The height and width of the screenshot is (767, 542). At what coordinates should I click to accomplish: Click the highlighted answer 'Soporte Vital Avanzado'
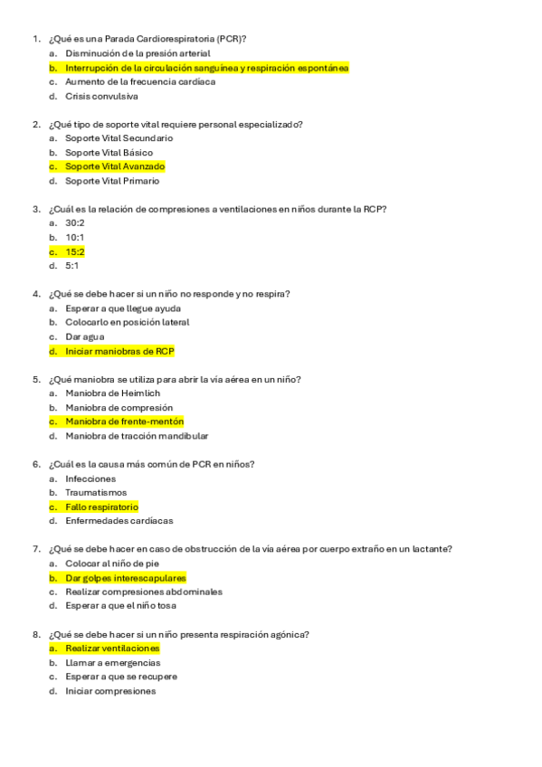[115, 166]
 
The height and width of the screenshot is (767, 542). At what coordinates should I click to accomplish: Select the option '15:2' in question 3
[75, 251]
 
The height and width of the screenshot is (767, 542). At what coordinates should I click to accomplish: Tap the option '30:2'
[75, 223]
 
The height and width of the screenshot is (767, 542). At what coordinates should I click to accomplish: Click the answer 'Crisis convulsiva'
[101, 96]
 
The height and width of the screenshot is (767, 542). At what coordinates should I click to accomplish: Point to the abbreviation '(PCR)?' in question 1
[231, 39]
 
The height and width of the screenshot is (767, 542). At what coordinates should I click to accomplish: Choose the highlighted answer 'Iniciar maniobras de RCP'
[119, 351]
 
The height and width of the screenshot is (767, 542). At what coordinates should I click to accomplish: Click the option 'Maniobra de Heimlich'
[112, 393]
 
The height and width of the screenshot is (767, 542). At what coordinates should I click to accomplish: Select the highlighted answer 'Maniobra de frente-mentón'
[124, 421]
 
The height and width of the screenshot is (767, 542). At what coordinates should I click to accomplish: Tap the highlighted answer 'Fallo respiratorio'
[101, 507]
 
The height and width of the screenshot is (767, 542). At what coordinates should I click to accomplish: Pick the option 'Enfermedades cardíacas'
[119, 521]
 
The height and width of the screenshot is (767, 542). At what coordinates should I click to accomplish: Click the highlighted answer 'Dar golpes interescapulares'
[126, 577]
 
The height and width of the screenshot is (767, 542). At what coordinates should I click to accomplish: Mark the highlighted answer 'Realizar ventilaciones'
[112, 649]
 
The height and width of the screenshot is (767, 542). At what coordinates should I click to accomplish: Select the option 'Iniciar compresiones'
[110, 691]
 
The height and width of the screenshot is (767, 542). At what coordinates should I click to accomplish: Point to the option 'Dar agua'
[84, 336]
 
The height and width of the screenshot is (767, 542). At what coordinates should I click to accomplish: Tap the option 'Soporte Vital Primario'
[112, 181]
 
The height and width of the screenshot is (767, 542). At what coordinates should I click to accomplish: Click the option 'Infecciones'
[90, 478]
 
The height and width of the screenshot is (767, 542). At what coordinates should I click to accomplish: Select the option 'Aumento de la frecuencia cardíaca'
[140, 81]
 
